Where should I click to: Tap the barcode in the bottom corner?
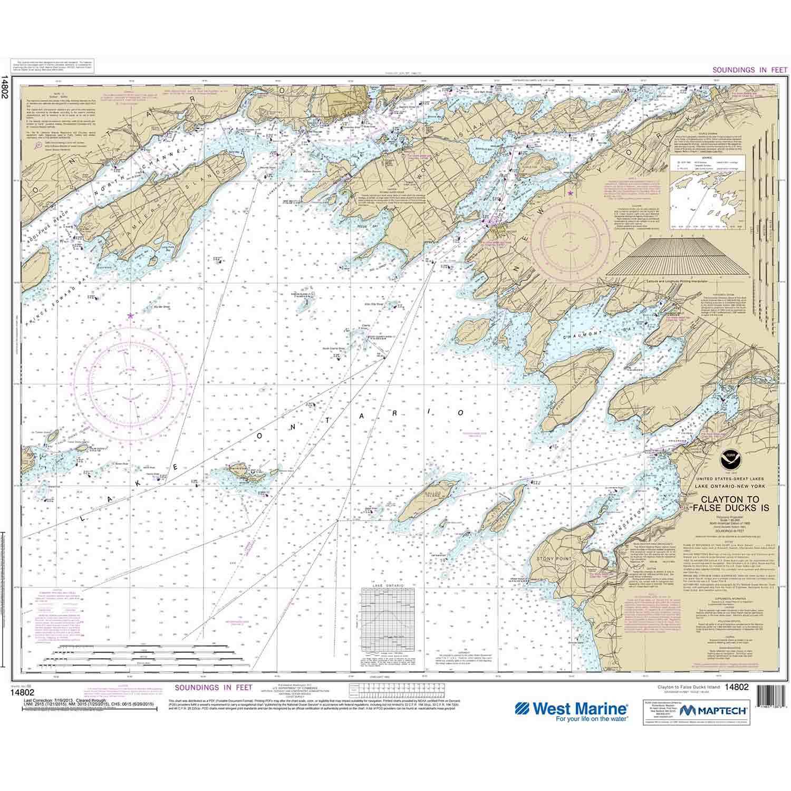(767, 709)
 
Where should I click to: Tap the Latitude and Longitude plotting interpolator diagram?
(677, 258)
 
